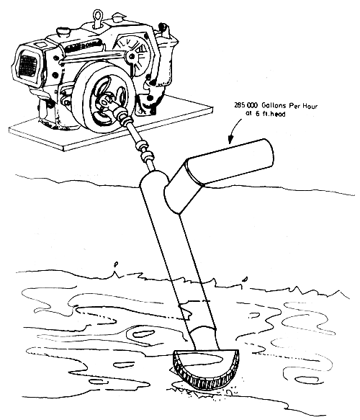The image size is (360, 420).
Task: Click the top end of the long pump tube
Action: (x=153, y=177)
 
